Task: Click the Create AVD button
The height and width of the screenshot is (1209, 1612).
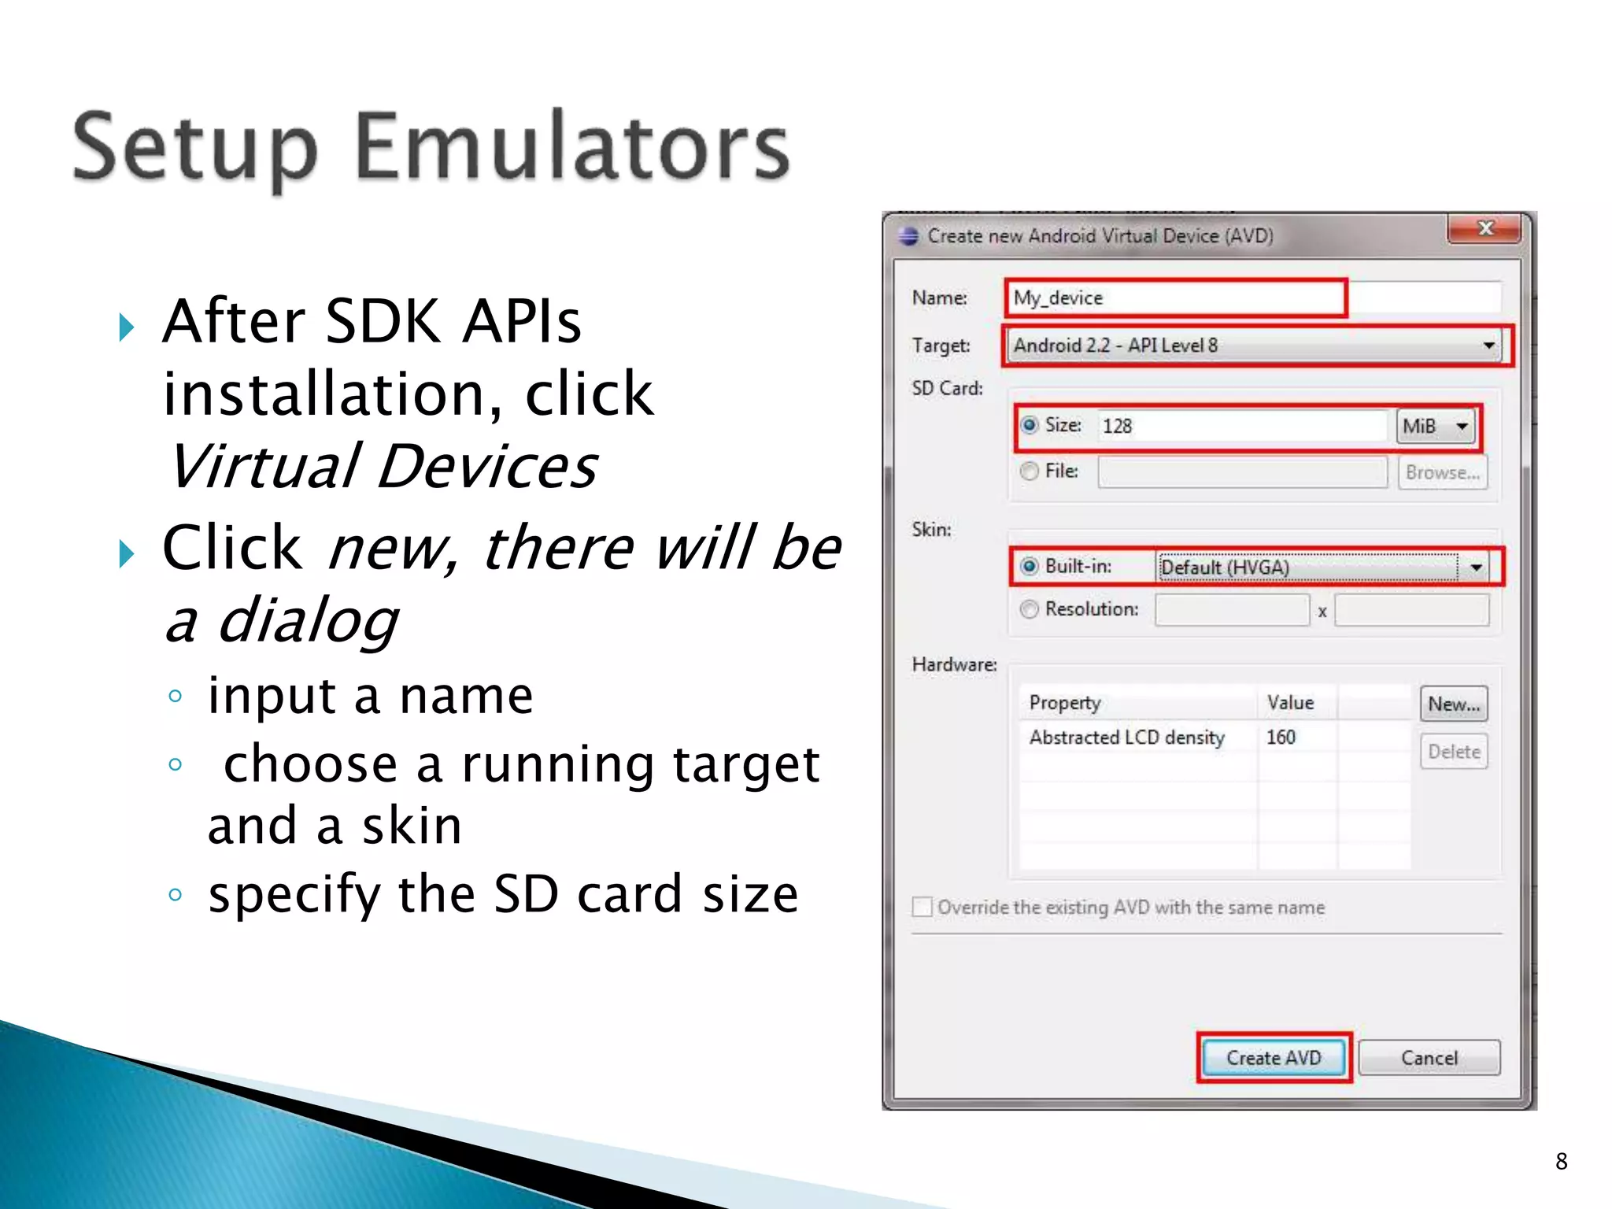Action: click(x=1273, y=1057)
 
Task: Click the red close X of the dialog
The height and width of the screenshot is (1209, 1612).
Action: click(x=1484, y=228)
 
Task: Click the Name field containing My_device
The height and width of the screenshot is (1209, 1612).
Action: click(x=1175, y=298)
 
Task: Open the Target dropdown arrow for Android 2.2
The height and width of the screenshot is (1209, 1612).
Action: click(x=1488, y=346)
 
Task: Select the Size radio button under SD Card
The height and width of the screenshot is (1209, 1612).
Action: click(x=1030, y=425)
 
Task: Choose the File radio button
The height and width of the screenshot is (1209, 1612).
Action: click(x=1030, y=471)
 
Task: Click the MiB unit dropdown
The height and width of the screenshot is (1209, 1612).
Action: click(x=1436, y=427)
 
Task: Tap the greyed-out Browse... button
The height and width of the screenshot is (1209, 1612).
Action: click(x=1442, y=472)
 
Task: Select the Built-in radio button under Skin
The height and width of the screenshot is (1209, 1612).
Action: click(x=1030, y=567)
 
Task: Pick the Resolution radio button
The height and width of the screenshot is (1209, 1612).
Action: click(x=1030, y=609)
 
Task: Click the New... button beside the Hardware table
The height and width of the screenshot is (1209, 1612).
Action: click(x=1454, y=704)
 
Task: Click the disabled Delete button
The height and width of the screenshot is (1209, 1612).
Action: click(x=1454, y=752)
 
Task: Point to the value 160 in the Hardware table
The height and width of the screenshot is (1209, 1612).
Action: click(x=1281, y=738)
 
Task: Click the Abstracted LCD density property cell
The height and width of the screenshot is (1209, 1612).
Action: click(x=1126, y=738)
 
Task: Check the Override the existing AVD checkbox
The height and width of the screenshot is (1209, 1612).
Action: click(x=922, y=908)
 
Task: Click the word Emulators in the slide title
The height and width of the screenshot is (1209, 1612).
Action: click(x=571, y=147)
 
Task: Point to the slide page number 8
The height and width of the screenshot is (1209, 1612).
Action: click(x=1562, y=1161)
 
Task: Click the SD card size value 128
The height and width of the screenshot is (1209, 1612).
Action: click(x=1117, y=427)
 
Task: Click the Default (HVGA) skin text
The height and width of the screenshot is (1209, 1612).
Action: click(x=1225, y=568)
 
